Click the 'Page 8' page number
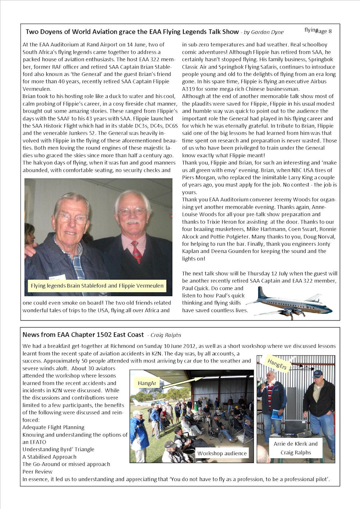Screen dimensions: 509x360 323,31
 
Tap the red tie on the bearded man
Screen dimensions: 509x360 136,252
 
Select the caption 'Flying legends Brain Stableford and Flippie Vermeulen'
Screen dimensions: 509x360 97,286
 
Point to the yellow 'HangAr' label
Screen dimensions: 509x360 147,383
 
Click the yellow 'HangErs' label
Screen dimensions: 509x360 277,364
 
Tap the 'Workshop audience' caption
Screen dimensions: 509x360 222,453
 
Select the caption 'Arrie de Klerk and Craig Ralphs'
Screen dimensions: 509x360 296,448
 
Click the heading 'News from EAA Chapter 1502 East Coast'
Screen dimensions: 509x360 83,335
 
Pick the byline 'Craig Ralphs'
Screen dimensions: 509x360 166,335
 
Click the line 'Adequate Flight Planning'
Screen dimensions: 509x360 53,427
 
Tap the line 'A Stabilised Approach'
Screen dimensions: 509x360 50,457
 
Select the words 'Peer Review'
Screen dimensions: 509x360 37,472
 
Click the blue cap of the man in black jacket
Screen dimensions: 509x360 317,373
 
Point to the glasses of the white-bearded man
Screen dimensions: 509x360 132,211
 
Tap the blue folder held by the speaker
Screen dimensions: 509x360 276,414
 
